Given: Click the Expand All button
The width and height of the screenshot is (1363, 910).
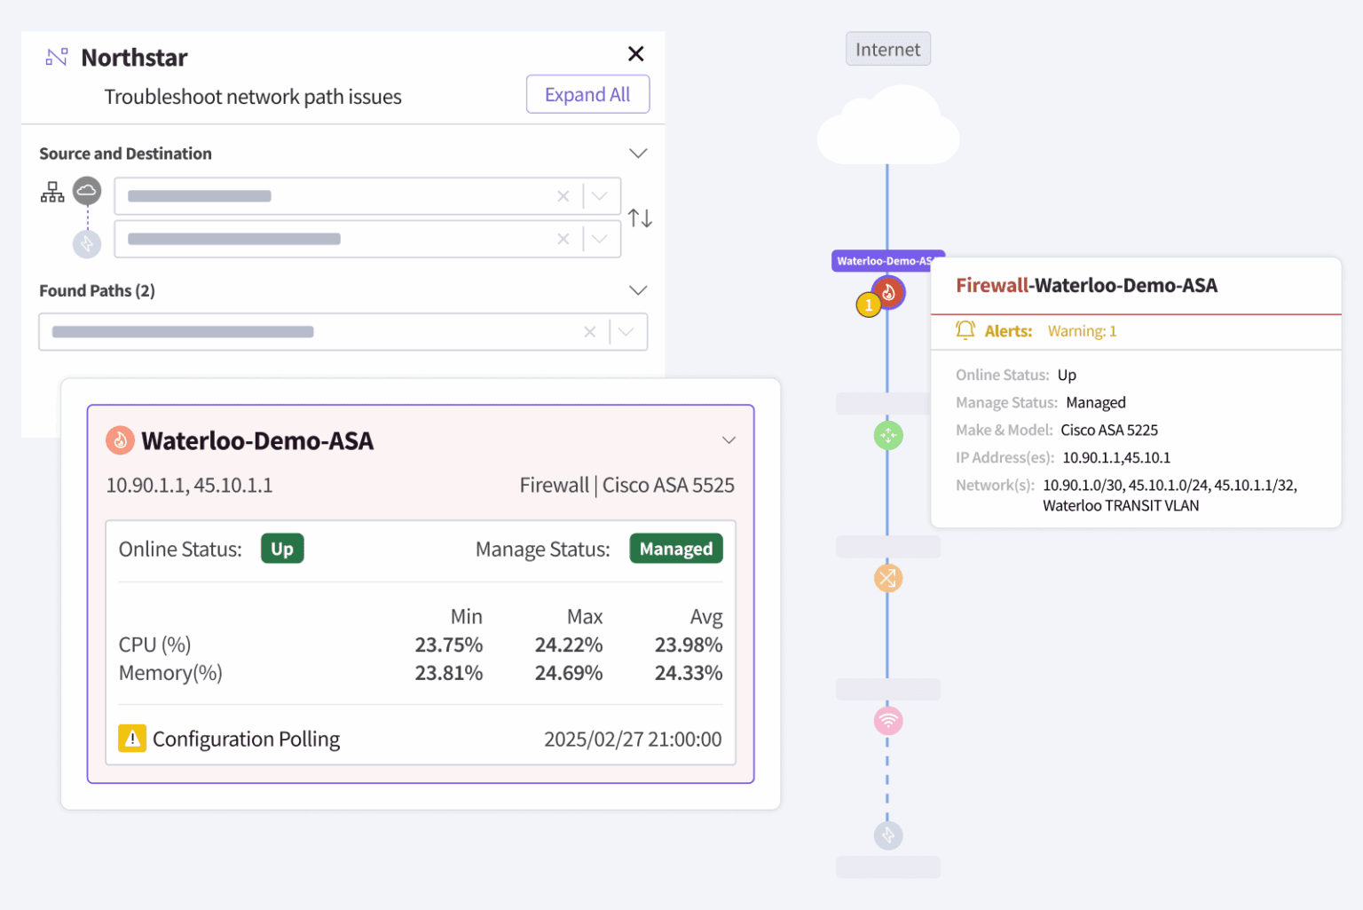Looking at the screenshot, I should (x=587, y=94).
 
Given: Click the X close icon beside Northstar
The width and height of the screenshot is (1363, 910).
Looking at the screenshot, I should (x=635, y=54).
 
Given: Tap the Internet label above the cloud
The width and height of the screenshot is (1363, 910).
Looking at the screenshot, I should (x=887, y=50).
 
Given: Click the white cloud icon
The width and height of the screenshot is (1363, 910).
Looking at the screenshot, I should (x=887, y=129).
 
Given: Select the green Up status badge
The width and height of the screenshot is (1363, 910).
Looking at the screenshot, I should (x=282, y=549).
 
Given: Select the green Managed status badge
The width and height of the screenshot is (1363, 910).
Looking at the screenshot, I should (x=675, y=549).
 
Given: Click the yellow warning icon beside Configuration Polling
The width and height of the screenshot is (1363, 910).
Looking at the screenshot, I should (x=132, y=738).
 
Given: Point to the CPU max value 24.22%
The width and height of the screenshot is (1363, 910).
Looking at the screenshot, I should (x=568, y=645).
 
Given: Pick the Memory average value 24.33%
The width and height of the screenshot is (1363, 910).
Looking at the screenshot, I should (x=688, y=673).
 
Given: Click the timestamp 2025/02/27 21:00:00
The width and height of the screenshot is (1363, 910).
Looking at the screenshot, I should (x=632, y=739).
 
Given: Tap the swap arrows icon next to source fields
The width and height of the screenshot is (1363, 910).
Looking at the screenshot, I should (x=640, y=218).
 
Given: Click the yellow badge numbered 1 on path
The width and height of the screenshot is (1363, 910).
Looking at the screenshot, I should (x=868, y=305).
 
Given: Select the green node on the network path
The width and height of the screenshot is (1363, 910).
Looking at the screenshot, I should (x=887, y=435).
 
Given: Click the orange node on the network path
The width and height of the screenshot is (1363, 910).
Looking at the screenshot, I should (x=887, y=578).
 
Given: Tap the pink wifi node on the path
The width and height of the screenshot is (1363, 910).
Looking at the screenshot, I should (x=887, y=720).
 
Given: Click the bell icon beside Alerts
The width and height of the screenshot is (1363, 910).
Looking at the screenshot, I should (x=965, y=330).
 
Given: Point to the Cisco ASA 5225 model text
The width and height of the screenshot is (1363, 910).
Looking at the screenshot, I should (x=1108, y=430).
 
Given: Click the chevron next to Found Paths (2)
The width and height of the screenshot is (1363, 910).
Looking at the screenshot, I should (x=637, y=290).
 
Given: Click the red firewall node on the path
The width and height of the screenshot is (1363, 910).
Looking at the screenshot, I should (x=888, y=291).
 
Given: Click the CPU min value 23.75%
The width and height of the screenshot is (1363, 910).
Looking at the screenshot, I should (x=448, y=645).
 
